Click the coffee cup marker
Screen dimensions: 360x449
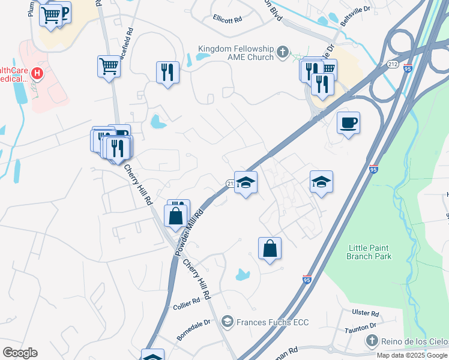click(348, 123)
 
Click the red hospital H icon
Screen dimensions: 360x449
click(37, 74)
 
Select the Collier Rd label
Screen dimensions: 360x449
click(186, 303)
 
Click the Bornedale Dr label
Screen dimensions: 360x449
click(193, 331)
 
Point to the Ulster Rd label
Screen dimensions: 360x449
click(366, 314)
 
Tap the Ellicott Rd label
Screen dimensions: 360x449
click(227, 19)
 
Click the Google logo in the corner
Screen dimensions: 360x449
click(19, 352)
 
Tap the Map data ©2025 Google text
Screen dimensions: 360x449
click(412, 355)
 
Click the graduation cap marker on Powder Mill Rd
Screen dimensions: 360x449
click(246, 182)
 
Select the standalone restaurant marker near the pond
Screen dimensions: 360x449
click(167, 73)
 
